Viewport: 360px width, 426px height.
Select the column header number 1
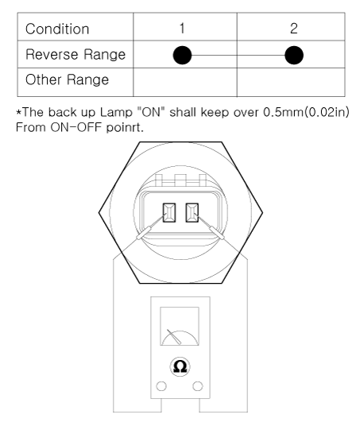(182, 29)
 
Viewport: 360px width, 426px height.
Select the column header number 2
(294, 29)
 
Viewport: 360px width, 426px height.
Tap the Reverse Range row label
(75, 54)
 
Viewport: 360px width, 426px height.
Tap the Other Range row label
(67, 79)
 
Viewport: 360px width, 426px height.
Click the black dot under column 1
(182, 55)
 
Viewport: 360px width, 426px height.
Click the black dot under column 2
(294, 55)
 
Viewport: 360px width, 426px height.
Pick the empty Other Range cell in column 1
(185, 82)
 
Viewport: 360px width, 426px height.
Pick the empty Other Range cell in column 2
(291, 82)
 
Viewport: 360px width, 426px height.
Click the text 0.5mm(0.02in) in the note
(306, 112)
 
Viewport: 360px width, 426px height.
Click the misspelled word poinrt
(125, 127)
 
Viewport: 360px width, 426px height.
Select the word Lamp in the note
(116, 113)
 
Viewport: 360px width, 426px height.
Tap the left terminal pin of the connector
(169, 213)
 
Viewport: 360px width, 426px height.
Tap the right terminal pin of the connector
(192, 213)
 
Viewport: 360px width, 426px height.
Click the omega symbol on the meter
(180, 366)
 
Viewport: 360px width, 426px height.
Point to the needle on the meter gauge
(174, 337)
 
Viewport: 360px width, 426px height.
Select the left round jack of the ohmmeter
(161, 386)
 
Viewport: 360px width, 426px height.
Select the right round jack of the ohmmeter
(198, 386)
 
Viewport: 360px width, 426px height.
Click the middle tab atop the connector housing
(180, 180)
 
